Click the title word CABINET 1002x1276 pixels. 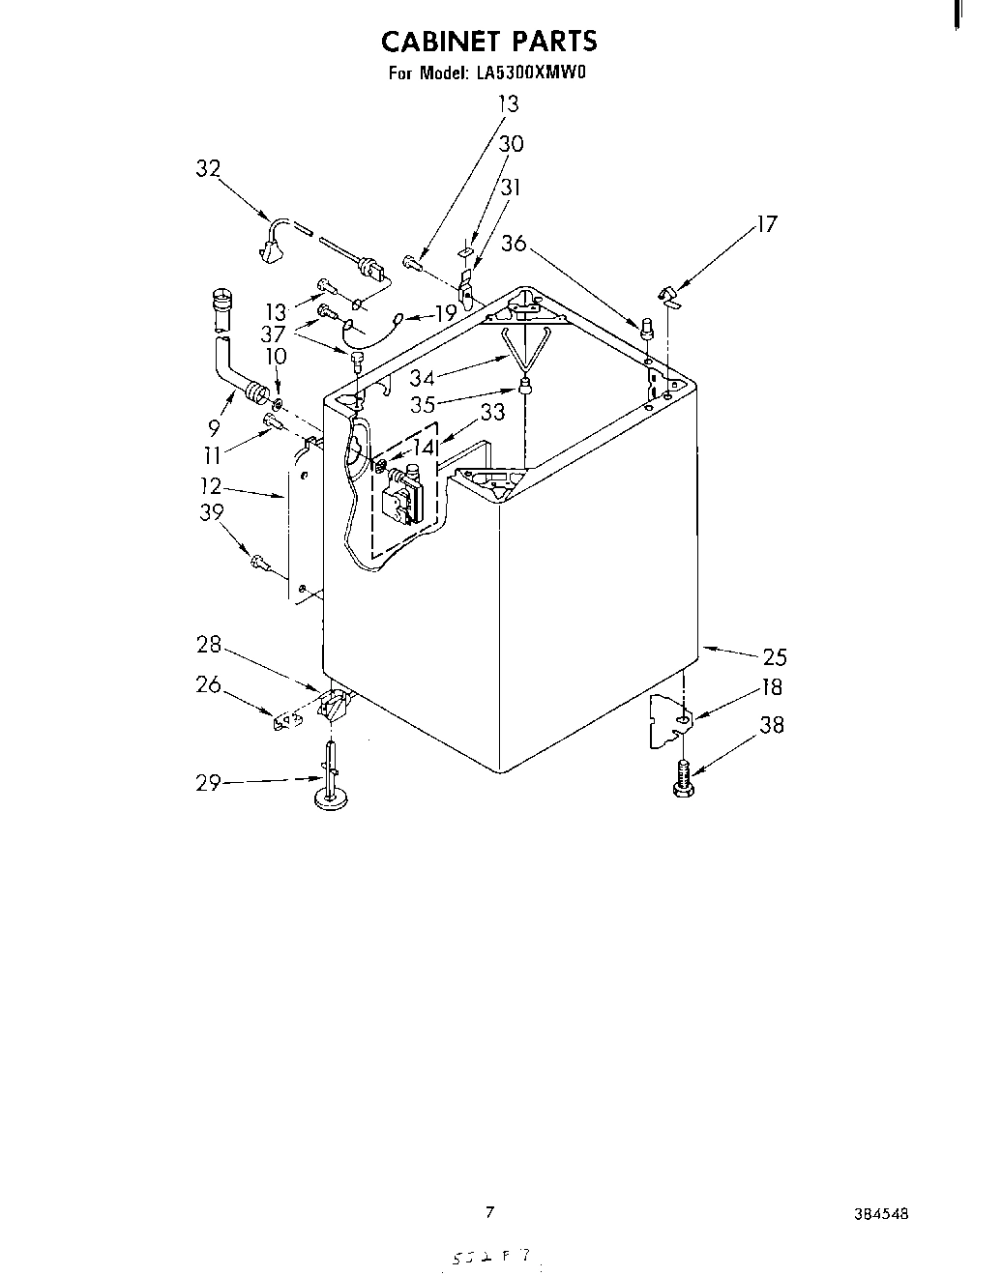click(441, 42)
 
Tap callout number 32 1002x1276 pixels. click(208, 169)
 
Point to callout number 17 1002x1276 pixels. click(766, 224)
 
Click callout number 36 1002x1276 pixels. click(514, 244)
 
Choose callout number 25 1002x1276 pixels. click(775, 657)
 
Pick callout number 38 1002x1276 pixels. click(772, 725)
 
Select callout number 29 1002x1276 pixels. click(209, 783)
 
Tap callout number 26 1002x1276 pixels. click(208, 684)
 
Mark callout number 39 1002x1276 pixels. click(212, 513)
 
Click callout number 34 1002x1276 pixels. click(422, 378)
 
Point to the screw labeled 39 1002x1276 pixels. click(259, 560)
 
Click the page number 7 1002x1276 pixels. click(489, 1212)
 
